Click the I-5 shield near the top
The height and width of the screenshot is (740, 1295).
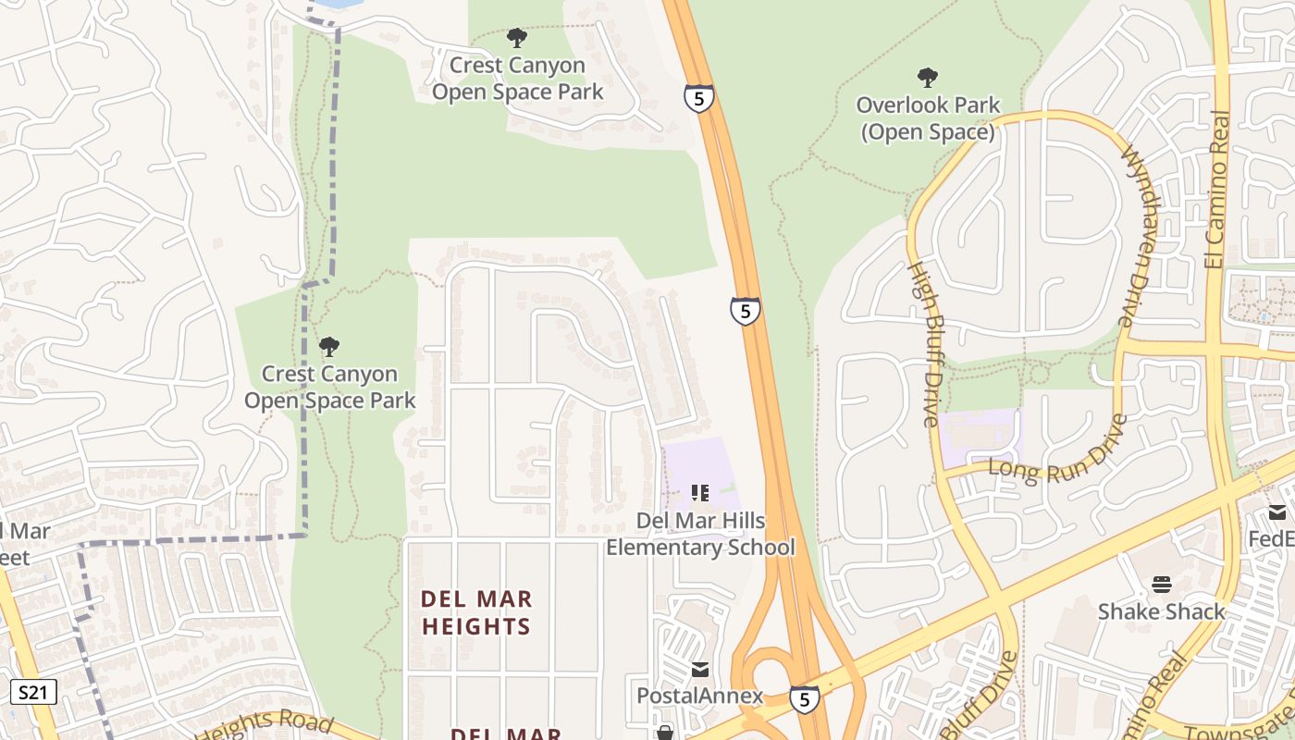(x=699, y=97)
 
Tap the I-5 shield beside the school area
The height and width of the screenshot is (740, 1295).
(x=745, y=311)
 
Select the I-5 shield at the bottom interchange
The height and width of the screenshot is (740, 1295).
(x=804, y=699)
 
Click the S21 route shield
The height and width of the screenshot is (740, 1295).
(x=34, y=691)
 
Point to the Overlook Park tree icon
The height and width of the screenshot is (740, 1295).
(x=928, y=78)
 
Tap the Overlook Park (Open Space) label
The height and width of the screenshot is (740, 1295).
(x=928, y=118)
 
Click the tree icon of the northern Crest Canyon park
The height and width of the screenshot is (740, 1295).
(x=517, y=38)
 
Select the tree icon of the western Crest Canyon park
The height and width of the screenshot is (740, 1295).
(x=328, y=347)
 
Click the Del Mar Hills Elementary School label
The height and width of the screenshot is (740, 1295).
(x=700, y=534)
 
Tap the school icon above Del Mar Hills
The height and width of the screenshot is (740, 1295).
(x=700, y=493)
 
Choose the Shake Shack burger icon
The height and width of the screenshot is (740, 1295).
(x=1162, y=585)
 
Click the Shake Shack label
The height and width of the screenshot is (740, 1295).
(x=1161, y=611)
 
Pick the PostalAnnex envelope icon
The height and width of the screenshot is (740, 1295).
(x=700, y=669)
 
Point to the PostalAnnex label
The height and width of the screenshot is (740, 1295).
(x=700, y=696)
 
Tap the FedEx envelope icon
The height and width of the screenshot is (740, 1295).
(x=1277, y=512)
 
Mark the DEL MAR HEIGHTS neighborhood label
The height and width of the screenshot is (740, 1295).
(x=476, y=612)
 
